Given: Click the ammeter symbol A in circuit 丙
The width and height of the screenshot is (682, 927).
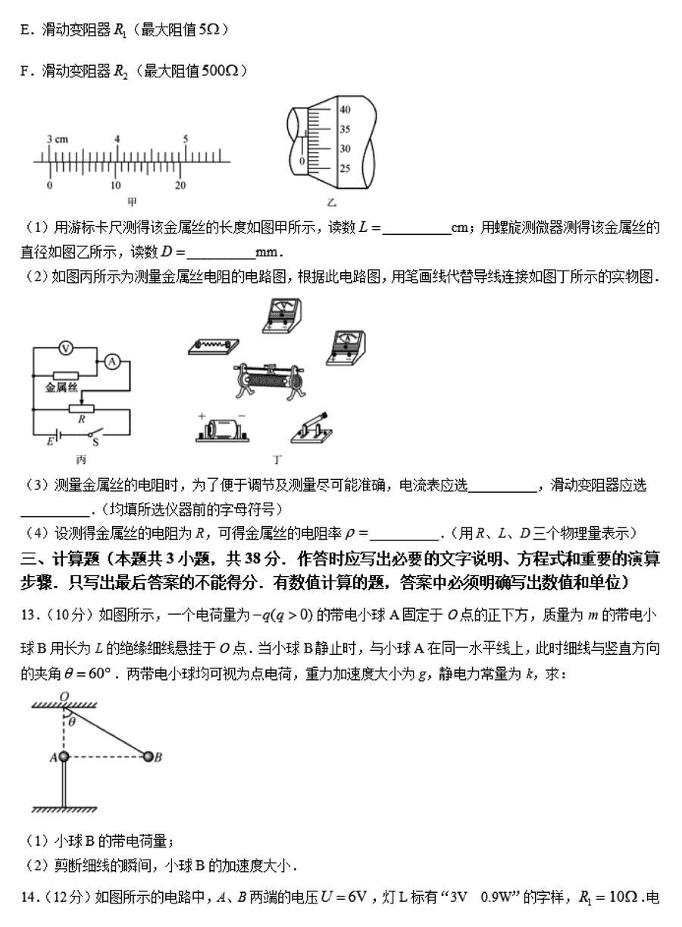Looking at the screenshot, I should click(111, 362).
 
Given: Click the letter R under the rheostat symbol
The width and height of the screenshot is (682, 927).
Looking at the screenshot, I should click(80, 418).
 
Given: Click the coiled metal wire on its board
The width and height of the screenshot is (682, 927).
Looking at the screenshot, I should click(214, 344).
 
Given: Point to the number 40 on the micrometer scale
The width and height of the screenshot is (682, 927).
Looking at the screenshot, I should click(345, 110).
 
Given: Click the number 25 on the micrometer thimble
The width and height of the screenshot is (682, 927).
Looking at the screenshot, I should click(345, 168).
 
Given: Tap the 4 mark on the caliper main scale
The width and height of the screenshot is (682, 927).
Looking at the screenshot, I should click(117, 139).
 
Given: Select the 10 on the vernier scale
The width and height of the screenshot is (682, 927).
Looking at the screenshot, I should click(114, 186).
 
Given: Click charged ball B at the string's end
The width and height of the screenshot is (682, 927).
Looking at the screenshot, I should click(148, 756).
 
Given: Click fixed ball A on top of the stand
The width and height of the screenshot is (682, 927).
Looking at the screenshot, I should click(64, 756).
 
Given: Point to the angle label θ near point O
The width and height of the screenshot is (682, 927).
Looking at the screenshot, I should click(73, 722).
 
